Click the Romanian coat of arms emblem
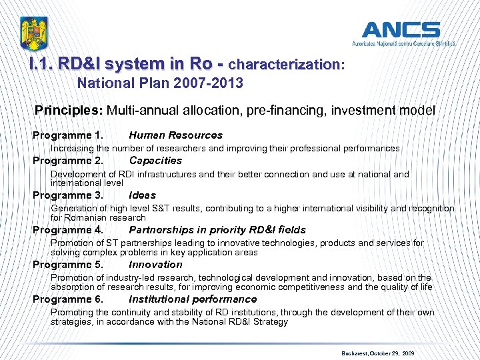click(x=34, y=33)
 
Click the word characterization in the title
click(x=283, y=65)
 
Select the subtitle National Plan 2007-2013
click(x=160, y=84)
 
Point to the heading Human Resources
click(x=175, y=135)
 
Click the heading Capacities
click(x=155, y=161)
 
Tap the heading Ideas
click(x=142, y=195)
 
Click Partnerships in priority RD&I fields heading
click(x=217, y=230)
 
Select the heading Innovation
click(x=155, y=265)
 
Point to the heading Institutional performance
click(x=193, y=299)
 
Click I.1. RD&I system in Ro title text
click(x=121, y=65)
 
